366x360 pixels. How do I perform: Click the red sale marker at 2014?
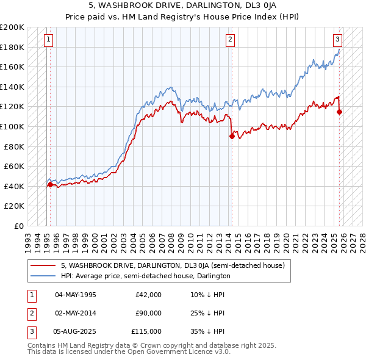coord(232,137)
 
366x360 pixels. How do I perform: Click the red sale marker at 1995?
coord(50,184)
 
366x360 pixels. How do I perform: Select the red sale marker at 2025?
coord(340,112)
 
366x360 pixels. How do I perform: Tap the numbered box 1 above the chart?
coord(48,40)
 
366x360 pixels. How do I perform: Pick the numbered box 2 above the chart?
coord(230,40)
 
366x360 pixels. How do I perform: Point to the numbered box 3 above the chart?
coord(337,40)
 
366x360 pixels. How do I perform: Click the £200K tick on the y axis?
coord(12,27)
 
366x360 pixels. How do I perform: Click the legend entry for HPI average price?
coord(145,276)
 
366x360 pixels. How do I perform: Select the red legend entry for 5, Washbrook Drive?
coord(173,265)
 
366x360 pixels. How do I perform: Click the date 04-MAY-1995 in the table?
coord(75,295)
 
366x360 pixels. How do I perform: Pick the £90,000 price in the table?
coord(148,313)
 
